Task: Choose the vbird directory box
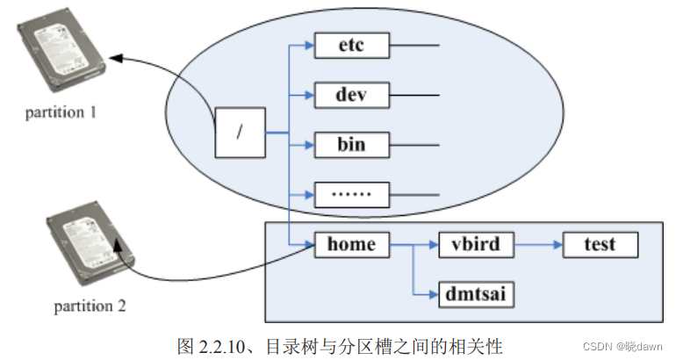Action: [x=475, y=244]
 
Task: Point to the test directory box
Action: [x=600, y=244]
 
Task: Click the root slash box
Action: [x=240, y=133]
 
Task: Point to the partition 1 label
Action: [x=61, y=112]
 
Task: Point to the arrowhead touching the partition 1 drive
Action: [x=117, y=58]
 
